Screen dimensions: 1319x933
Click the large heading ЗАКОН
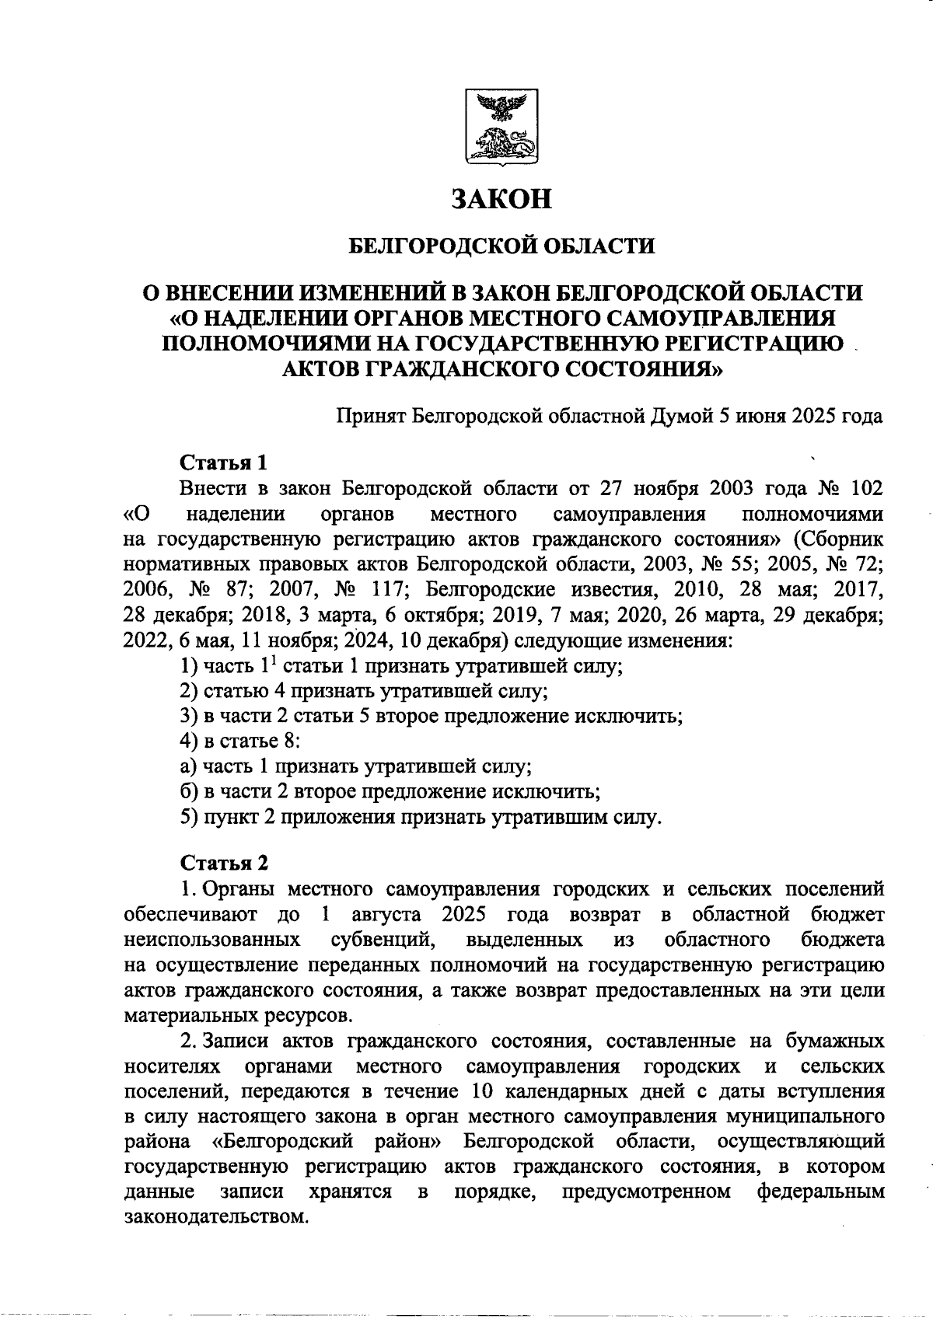pos(502,199)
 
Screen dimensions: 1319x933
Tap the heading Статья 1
pos(223,462)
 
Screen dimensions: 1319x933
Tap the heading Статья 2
pos(225,863)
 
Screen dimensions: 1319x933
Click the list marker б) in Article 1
pos(188,792)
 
